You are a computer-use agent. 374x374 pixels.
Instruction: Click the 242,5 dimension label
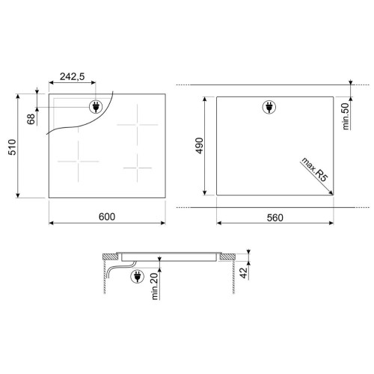[x=72, y=76]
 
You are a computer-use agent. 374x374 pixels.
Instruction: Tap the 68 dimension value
[x=31, y=119]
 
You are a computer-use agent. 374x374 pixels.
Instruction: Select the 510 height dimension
[x=12, y=147]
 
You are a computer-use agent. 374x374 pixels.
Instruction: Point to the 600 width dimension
[x=107, y=217]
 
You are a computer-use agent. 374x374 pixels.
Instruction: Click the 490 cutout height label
[x=200, y=146]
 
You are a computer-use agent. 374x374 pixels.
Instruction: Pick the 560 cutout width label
[x=275, y=218]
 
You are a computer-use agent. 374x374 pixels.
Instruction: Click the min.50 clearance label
[x=346, y=116]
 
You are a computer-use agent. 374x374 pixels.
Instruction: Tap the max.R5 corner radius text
[x=315, y=170]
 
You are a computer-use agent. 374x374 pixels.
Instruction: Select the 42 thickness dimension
[x=244, y=273]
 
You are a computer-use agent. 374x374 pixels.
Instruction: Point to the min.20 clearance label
[x=155, y=286]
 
